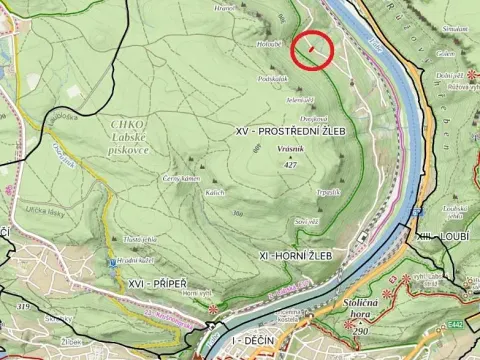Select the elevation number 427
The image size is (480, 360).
pos(291,162)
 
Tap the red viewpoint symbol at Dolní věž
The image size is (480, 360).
pos(470,75)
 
